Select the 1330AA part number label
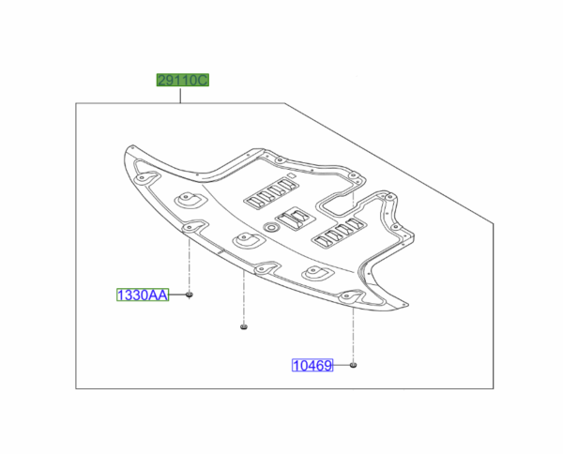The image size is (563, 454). pyautogui.click(x=142, y=295)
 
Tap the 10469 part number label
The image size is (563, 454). pyautogui.click(x=310, y=365)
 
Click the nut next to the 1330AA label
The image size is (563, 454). pyautogui.click(x=190, y=295)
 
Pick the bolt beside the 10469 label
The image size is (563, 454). pyautogui.click(x=354, y=364)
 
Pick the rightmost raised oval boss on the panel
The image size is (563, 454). pyautogui.click(x=313, y=274)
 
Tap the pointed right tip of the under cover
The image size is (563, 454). pyautogui.click(x=404, y=304)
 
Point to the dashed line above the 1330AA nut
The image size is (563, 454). pyautogui.click(x=190, y=263)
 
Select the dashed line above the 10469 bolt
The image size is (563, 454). pyautogui.click(x=354, y=328)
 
